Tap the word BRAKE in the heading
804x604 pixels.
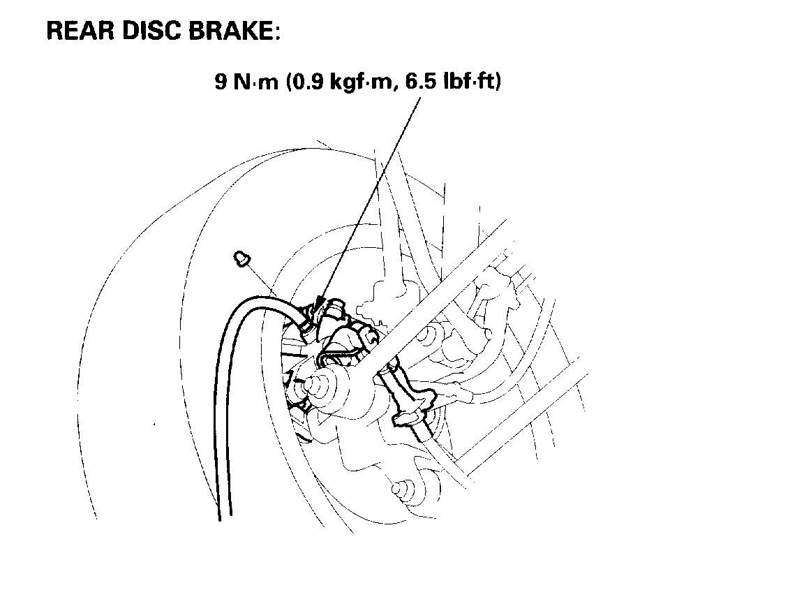[228, 31]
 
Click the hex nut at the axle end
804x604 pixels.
[322, 383]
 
